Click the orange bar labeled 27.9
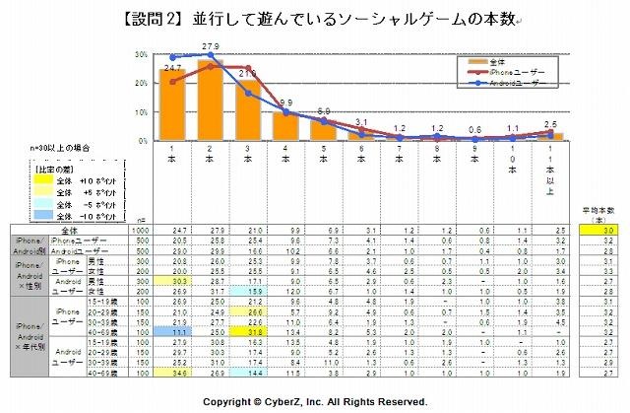pyautogui.click(x=209, y=100)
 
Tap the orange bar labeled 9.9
pyautogui.click(x=285, y=125)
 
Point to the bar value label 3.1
pyautogui.click(x=361, y=122)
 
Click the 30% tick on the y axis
pyautogui.click(x=145, y=57)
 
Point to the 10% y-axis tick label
pyautogui.click(x=145, y=112)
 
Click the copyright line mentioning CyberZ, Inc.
pyautogui.click(x=315, y=403)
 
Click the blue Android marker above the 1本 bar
pyautogui.click(x=173, y=57)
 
